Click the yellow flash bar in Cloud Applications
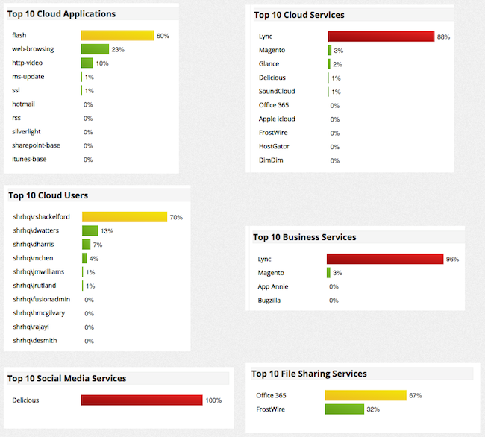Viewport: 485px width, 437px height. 117,36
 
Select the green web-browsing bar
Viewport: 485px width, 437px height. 95,49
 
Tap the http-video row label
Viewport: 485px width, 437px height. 29,63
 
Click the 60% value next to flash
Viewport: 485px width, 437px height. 163,36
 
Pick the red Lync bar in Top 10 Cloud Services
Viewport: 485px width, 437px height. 381,37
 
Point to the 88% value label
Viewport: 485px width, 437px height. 443,37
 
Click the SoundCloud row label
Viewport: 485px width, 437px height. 278,92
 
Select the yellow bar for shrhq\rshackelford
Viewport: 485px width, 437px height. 124,217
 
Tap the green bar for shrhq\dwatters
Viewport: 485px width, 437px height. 90,231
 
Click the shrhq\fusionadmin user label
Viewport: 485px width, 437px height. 39,299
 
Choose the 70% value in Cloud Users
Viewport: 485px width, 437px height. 176,218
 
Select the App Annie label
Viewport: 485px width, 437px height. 273,286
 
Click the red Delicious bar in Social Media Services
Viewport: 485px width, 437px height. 142,400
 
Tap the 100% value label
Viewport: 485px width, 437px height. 213,400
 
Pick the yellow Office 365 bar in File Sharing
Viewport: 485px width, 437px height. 365,395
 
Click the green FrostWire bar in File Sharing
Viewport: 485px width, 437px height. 344,409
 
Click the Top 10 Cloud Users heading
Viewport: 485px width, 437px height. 48,195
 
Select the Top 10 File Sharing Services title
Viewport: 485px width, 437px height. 309,374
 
